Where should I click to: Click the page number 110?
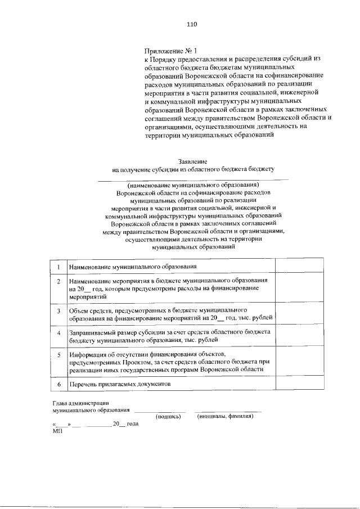tap(192, 24)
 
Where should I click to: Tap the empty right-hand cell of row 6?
tap(299, 384)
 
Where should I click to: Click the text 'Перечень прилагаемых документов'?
tap(119, 384)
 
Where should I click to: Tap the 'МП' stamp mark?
tap(56, 430)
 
